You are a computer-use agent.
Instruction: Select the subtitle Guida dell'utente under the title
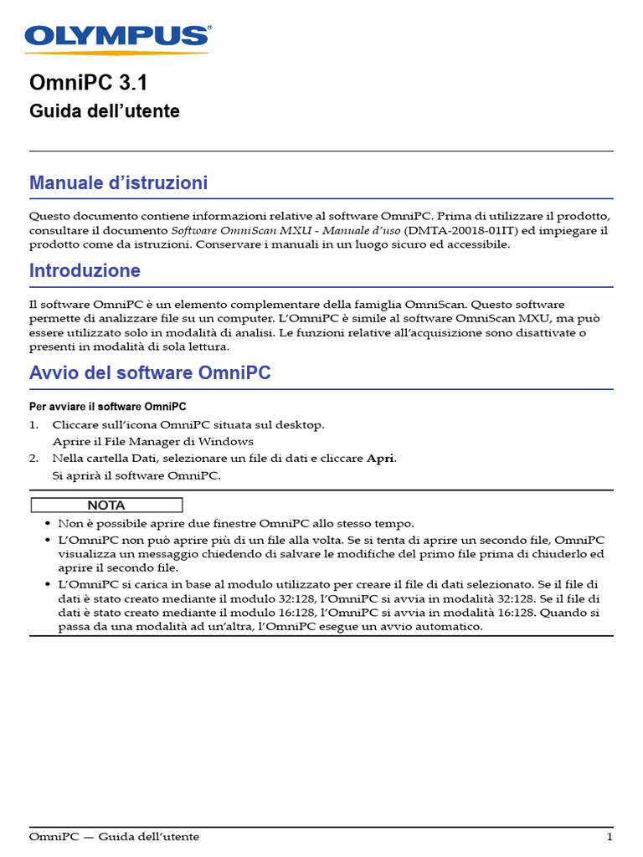click(104, 111)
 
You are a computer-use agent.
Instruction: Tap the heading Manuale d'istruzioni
click(118, 182)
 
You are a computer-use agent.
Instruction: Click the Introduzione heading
click(85, 271)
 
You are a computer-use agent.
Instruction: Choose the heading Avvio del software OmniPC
click(150, 373)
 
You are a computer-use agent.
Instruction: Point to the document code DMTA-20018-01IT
click(461, 230)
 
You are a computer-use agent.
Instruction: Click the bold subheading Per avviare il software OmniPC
click(107, 407)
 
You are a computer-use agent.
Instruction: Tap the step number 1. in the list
click(34, 425)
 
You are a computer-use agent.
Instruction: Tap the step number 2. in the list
click(34, 459)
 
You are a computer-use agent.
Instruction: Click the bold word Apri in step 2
click(380, 459)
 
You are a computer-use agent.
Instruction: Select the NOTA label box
click(106, 505)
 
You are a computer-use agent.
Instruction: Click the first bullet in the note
click(46, 523)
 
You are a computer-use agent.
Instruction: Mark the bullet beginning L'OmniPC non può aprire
click(46, 540)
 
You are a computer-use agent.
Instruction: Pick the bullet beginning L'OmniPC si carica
click(46, 583)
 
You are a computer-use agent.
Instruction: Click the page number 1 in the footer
click(610, 837)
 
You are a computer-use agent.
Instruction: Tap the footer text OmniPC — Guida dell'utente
click(114, 837)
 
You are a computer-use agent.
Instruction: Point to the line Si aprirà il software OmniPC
click(136, 475)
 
